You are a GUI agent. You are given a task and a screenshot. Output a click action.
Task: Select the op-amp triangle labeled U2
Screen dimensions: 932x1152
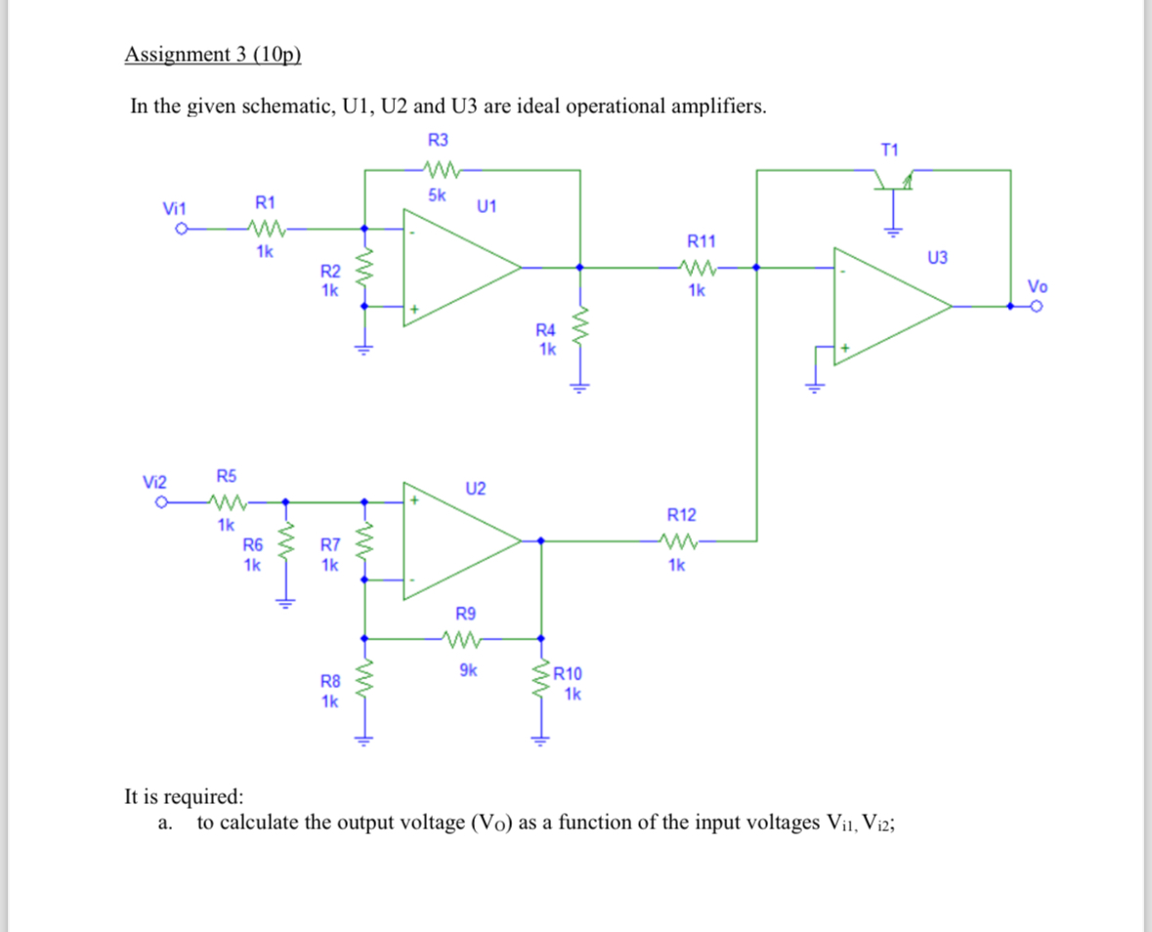click(460, 539)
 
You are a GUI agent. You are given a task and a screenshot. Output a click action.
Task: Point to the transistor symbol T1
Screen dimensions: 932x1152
click(891, 181)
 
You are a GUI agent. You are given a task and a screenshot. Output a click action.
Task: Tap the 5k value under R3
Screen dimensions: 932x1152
click(437, 195)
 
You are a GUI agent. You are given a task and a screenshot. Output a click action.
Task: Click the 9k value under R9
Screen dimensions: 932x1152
click(468, 670)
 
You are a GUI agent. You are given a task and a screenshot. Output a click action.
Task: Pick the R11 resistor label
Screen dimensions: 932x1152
click(702, 240)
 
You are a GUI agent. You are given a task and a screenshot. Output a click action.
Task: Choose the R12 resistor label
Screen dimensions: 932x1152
click(681, 514)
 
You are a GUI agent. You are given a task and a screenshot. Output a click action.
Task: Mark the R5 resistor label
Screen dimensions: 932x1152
click(227, 477)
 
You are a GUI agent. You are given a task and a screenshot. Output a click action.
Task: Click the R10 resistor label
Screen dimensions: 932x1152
click(569, 673)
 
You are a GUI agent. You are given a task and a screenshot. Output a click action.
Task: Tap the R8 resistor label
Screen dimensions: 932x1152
click(331, 682)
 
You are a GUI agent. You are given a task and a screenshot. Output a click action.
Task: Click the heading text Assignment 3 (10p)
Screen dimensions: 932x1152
click(213, 54)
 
